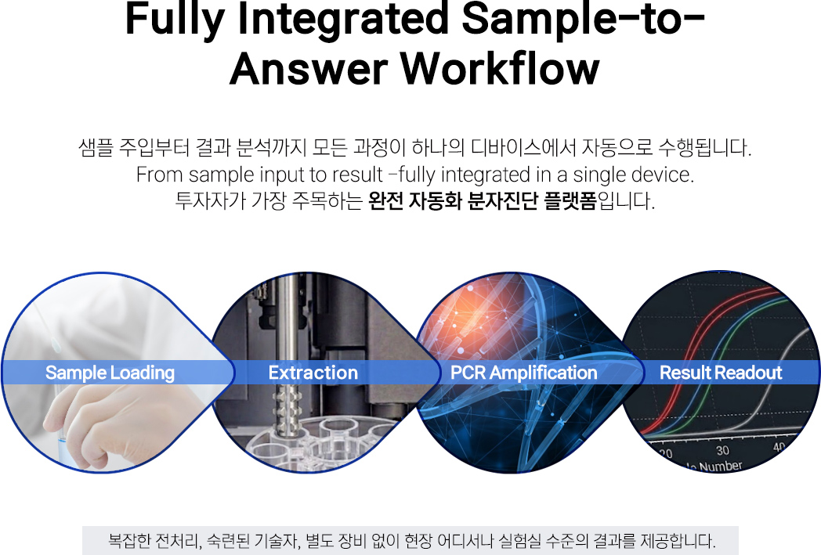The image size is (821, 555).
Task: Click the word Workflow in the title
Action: (x=500, y=69)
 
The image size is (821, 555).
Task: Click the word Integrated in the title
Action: (x=343, y=20)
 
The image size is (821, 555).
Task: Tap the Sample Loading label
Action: (x=110, y=373)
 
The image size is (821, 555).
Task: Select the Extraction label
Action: (x=313, y=373)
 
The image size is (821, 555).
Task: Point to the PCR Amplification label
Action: (x=523, y=373)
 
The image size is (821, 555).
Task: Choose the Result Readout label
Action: (x=721, y=373)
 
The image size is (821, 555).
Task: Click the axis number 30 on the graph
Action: (x=722, y=450)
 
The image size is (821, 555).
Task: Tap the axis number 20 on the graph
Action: (x=665, y=453)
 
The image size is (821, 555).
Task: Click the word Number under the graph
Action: (x=721, y=466)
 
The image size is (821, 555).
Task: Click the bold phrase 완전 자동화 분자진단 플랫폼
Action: (x=483, y=200)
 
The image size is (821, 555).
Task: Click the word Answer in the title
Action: (x=309, y=69)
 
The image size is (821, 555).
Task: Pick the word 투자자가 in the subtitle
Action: (x=210, y=200)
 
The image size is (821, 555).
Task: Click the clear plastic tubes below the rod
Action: (x=324, y=442)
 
